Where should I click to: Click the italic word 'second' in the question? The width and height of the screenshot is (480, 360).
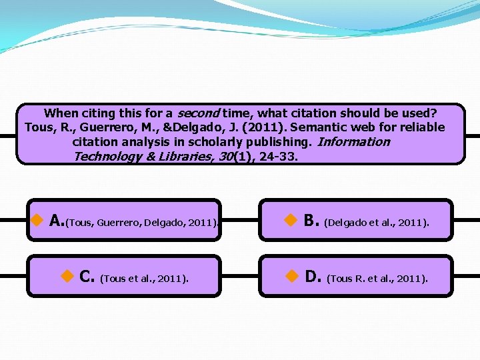[199, 113]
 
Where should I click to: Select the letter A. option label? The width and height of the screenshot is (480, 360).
[57, 221]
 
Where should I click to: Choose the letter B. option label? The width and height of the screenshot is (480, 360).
[311, 221]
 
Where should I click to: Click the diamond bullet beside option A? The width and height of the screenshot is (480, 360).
[38, 220]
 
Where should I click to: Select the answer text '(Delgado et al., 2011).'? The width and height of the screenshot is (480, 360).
[377, 223]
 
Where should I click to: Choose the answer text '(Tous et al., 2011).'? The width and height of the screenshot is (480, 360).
[144, 279]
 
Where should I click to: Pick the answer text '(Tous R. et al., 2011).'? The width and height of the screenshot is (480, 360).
[377, 279]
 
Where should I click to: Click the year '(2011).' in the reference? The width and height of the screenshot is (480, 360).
[266, 127]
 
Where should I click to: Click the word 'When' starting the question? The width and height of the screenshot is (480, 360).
[60, 113]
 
